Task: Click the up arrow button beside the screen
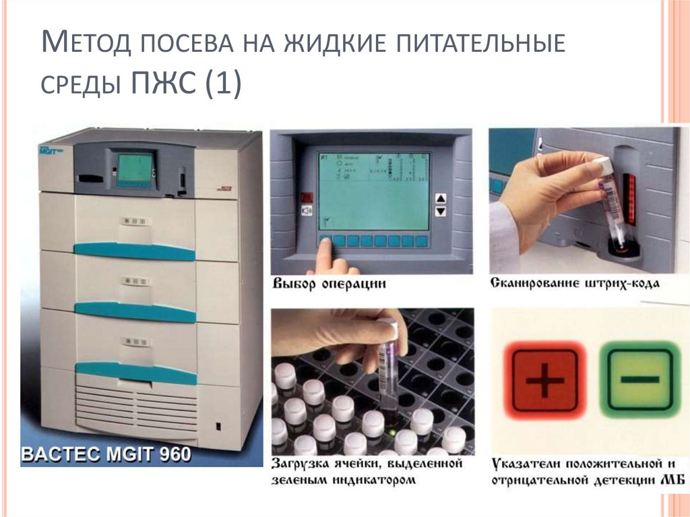(x=441, y=198)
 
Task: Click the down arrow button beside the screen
(x=441, y=212)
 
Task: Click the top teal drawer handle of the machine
(x=134, y=251)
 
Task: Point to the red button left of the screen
(x=307, y=197)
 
